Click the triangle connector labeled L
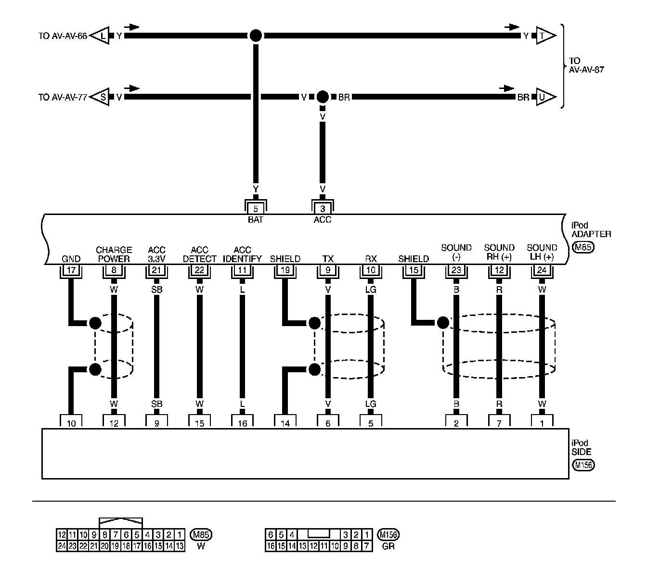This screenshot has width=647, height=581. click(x=101, y=36)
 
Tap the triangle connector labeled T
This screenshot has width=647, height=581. click(x=545, y=36)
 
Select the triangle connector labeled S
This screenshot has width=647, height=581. click(x=101, y=97)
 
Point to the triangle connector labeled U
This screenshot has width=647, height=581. click(x=545, y=97)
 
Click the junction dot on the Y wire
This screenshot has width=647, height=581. click(x=256, y=36)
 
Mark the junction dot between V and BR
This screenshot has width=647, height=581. click(x=323, y=97)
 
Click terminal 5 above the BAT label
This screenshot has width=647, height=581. click(x=256, y=209)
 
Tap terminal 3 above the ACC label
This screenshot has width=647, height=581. click(x=323, y=209)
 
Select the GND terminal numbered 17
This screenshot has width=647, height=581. click(x=71, y=270)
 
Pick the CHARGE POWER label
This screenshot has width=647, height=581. click(x=114, y=254)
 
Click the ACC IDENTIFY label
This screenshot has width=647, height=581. click(x=242, y=254)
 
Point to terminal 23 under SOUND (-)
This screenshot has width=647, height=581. click(x=456, y=270)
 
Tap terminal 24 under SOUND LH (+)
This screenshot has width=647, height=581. click(x=542, y=270)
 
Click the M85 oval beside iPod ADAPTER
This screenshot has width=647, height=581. click(x=583, y=248)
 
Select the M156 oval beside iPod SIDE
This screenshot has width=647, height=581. click(x=583, y=465)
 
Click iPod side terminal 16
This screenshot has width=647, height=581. click(x=242, y=423)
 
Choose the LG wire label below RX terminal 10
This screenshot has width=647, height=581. click(x=371, y=290)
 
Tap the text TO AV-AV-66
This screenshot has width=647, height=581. click(x=63, y=36)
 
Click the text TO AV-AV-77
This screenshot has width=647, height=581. click(x=63, y=97)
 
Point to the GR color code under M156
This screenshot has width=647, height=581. click(x=388, y=546)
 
